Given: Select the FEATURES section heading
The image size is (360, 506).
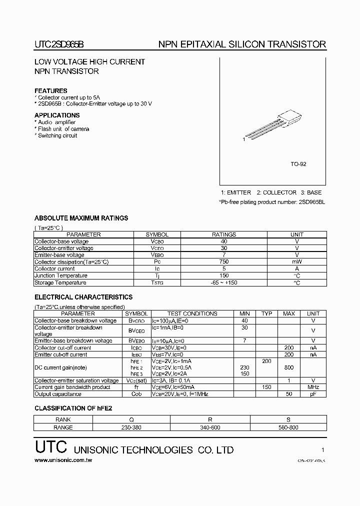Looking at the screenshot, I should point(50,90).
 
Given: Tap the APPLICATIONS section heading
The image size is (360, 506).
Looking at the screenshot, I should point(57,115).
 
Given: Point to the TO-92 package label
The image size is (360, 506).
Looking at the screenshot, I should point(298,164).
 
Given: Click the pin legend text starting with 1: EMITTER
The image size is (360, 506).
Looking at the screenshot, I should point(271,192).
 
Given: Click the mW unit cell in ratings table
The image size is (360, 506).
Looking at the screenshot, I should point(296,261).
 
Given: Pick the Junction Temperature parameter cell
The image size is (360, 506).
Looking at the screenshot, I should point(60,275).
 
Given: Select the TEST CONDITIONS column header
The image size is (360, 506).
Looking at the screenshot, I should point(192,313).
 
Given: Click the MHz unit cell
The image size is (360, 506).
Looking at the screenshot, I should point(313,387).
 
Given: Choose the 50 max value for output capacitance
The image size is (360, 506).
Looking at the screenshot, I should point(288,394).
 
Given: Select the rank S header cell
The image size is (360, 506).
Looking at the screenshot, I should point(288,420).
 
